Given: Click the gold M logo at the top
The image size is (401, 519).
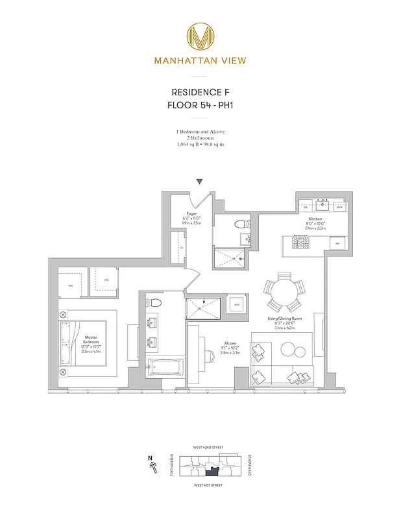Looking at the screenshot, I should [x=200, y=36].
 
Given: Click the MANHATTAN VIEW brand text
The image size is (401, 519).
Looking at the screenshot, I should [x=200, y=62].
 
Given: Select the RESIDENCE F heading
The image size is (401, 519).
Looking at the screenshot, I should [x=200, y=92].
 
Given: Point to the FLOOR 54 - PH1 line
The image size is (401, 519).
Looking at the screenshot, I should [x=200, y=105].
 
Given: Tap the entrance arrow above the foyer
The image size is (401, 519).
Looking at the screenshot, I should [x=200, y=182].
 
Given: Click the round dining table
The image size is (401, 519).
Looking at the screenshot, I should [x=284, y=293].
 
